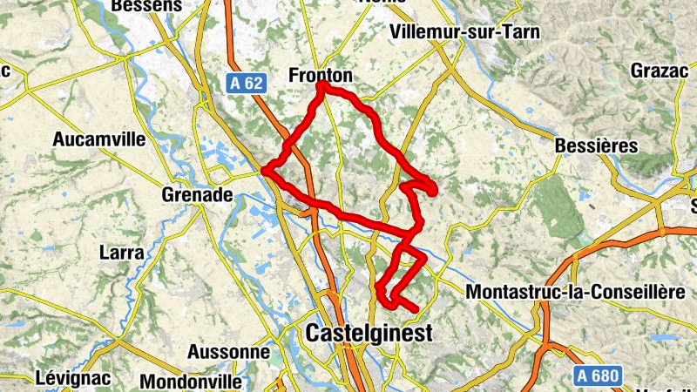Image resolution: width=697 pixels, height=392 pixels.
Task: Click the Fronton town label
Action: (321, 77)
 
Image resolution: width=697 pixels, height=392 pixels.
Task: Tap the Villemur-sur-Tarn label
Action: (466, 32)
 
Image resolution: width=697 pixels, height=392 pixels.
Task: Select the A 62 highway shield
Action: (247, 83)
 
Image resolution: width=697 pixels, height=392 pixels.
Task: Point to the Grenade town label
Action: (197, 195)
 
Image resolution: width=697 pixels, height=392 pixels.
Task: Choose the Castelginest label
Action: (369, 334)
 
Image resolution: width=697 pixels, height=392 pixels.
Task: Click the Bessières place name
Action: (597, 145)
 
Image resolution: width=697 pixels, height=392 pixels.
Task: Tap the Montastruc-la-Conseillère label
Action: (576, 293)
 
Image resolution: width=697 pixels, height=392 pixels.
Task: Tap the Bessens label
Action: (147, 6)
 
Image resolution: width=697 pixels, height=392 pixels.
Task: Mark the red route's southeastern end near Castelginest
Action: (416, 309)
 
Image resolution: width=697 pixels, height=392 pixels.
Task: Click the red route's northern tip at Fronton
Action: (321, 85)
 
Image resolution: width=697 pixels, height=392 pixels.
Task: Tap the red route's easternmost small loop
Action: (430, 186)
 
